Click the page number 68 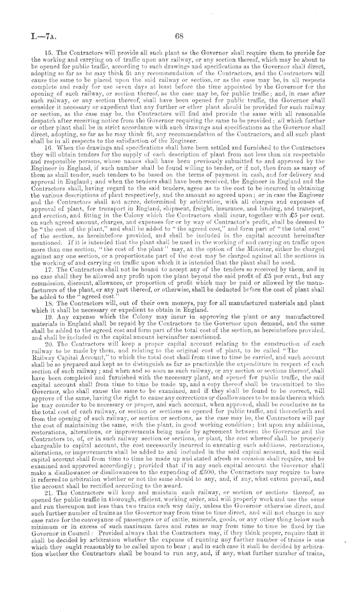click(179, 37)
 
